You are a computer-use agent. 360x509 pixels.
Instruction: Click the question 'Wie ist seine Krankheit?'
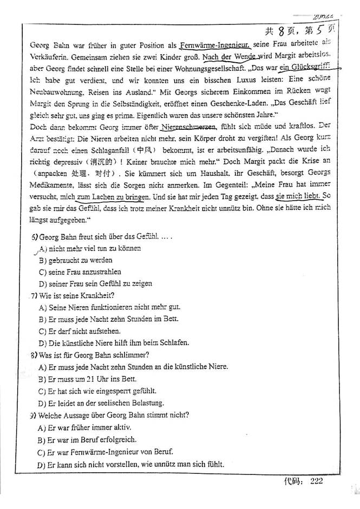[72, 295]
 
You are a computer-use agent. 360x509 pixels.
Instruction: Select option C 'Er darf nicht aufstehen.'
[80, 330]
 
